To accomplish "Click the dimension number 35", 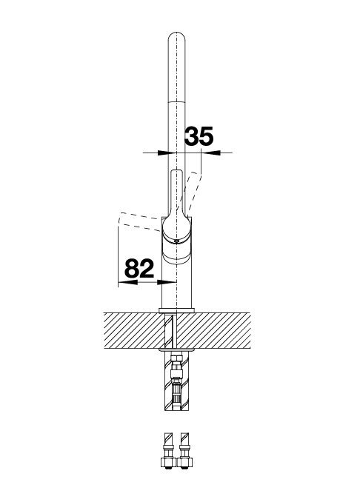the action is tap(199, 136).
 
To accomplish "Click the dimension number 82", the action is tap(139, 268).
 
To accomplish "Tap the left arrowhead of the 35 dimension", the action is tap(163, 153).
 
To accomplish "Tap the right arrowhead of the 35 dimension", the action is tap(215, 153).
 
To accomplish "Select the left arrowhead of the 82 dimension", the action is tap(127, 282).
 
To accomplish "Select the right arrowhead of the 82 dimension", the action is tap(167, 282).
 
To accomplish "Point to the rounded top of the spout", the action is tap(176, 36).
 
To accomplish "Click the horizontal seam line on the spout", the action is tap(176, 101).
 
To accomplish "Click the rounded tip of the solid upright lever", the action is tap(176, 173).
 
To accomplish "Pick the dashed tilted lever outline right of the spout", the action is tap(193, 191).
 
